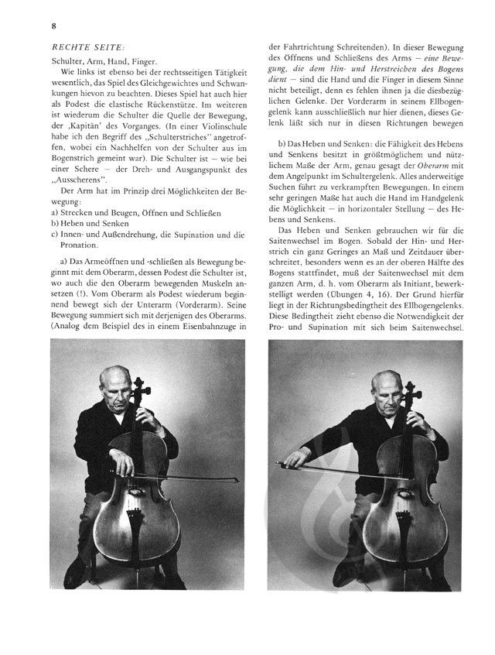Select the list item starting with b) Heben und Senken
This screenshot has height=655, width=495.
coord(85,222)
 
